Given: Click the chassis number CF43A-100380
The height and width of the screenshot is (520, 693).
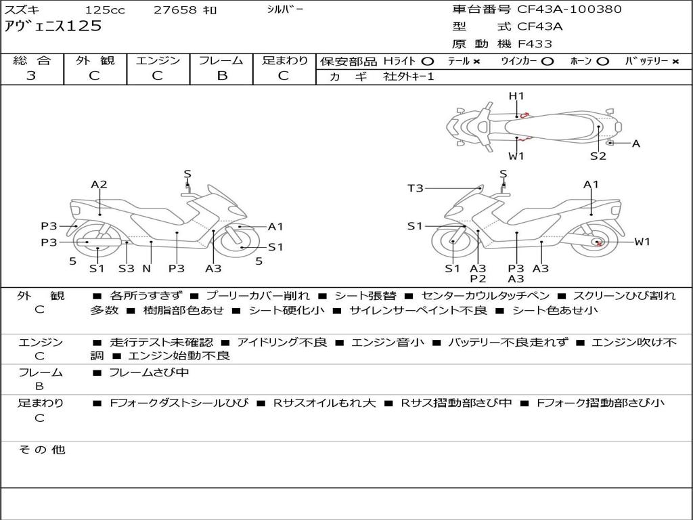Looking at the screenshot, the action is pos(569,9).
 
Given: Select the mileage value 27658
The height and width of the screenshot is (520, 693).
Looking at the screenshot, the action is pos(175,9).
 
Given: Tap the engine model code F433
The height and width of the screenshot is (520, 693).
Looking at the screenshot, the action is pos(535,44).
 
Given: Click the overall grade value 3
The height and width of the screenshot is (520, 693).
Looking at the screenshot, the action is pos(31,76).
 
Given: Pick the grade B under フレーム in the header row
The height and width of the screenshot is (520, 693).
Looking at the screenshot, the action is pos(222,76).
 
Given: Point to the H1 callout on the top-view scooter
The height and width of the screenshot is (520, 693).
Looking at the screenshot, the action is pos(516,96).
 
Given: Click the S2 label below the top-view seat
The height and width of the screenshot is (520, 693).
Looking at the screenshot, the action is pos(598,156).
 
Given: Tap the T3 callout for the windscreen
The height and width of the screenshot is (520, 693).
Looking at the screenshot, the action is pos(416,188).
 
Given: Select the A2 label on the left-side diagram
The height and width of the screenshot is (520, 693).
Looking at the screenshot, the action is pos(99,184).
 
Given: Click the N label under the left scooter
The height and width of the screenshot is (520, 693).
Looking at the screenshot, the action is pos(147,268).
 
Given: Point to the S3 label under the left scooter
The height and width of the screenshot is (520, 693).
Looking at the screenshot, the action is pos(127,268).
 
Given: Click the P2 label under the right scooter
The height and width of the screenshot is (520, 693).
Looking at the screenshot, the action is pos(478,278).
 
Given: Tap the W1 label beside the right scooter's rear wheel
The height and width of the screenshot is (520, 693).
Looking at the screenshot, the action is pos(642,242).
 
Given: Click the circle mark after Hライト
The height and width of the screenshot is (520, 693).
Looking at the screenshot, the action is pos(428,62).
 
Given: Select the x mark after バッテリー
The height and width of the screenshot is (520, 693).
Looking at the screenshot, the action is pos(675,62).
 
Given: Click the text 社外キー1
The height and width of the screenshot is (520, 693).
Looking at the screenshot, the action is pos(409,77).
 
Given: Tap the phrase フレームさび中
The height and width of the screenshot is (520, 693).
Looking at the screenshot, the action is pos(149,372).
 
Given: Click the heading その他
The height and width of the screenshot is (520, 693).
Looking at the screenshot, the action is pos(42,450).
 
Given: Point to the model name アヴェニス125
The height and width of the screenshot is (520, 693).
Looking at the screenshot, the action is pos(53,26).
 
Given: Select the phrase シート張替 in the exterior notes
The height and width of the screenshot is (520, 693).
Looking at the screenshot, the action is pos(365,296).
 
